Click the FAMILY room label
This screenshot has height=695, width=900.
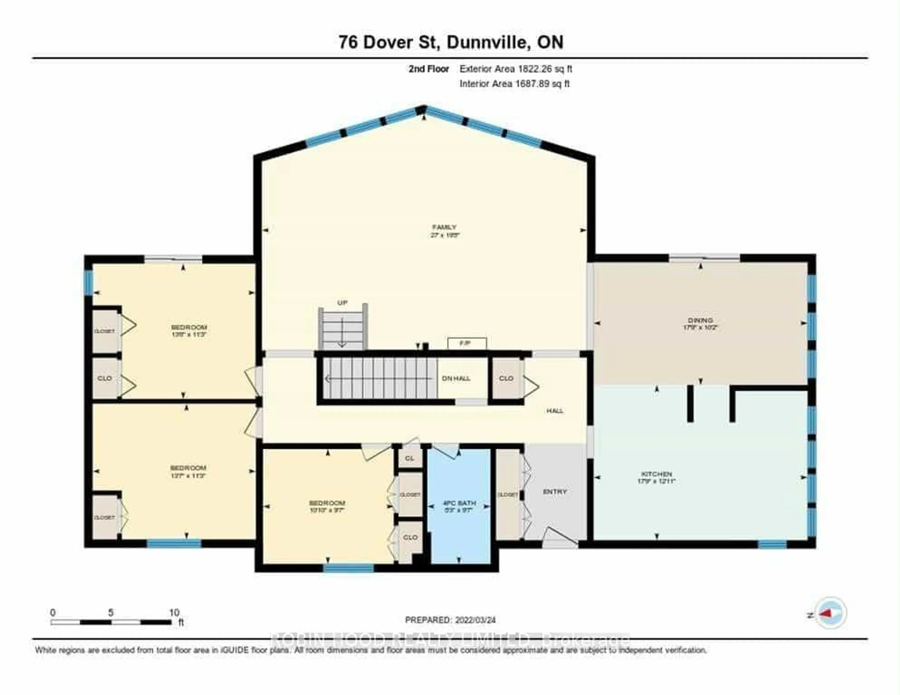pyautogui.click(x=444, y=227)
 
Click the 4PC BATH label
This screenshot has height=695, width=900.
pyautogui.click(x=459, y=503)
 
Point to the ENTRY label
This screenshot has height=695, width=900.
pyautogui.click(x=555, y=491)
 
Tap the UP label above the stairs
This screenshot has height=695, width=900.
pyautogui.click(x=342, y=303)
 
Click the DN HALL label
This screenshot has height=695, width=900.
pyautogui.click(x=456, y=378)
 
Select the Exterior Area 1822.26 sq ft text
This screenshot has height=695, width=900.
pyautogui.click(x=516, y=69)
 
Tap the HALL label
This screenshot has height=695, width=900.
pyautogui.click(x=555, y=411)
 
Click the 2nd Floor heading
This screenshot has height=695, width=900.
pyautogui.click(x=429, y=69)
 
